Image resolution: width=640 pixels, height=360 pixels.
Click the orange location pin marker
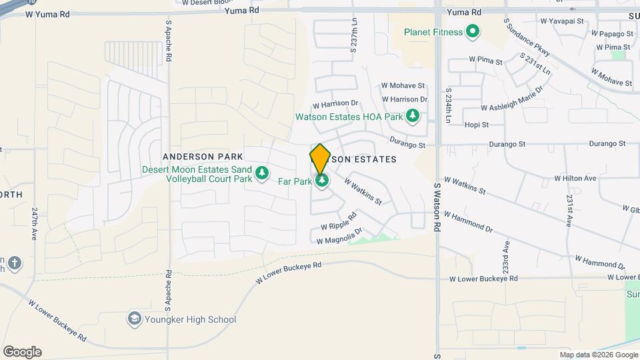click(x=320, y=159)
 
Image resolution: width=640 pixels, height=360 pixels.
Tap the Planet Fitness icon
click(x=473, y=31)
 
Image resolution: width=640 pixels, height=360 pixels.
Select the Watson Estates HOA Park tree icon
click(x=413, y=117)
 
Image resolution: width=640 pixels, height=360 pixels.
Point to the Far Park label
click(x=295, y=181)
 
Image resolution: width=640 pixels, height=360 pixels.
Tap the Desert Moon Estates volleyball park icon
click(x=263, y=173)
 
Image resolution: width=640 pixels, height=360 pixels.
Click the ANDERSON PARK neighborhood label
click(x=203, y=156)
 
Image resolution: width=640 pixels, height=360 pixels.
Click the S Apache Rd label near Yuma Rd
click(x=169, y=41)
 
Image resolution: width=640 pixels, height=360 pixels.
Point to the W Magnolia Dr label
click(x=340, y=236)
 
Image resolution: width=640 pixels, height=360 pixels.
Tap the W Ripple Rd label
click(x=339, y=221)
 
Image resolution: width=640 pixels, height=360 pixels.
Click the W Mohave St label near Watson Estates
click(x=403, y=85)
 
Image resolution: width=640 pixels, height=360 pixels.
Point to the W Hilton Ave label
click(x=575, y=179)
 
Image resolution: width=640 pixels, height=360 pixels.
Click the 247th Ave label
click(x=35, y=220)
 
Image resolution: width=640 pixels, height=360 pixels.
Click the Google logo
click(x=22, y=351)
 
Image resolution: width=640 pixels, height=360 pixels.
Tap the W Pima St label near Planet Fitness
click(x=485, y=60)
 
